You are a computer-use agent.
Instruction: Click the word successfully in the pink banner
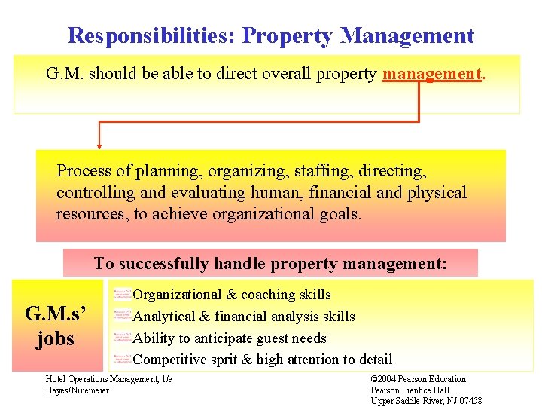164,263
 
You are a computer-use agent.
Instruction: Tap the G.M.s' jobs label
55,326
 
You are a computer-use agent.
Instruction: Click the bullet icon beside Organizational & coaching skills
122,294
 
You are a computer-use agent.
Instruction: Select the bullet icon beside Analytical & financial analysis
122,316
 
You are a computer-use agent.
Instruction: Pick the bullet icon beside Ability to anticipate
122,338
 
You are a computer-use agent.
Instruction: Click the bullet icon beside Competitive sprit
122,359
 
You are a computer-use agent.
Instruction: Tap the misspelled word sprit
224,360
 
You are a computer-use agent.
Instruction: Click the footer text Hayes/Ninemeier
78,390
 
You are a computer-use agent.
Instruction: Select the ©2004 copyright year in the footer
387,379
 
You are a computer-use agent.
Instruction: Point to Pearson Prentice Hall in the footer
410,390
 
